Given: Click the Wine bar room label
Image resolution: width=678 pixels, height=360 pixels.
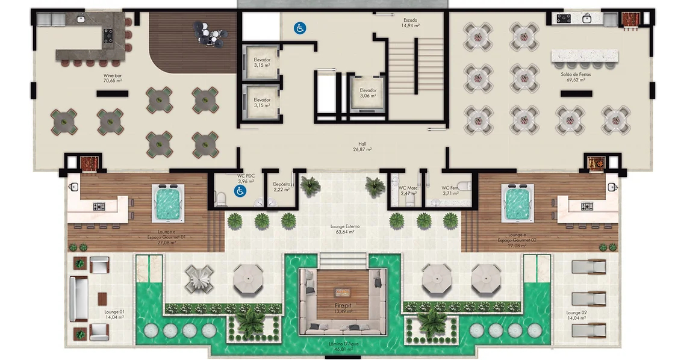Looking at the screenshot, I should (x=113, y=78).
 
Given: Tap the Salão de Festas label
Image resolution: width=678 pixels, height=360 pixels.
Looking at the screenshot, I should (x=574, y=76).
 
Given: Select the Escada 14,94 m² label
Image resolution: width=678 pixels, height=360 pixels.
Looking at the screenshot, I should (x=411, y=23).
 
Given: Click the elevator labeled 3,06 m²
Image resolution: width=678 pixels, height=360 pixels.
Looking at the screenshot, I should (x=368, y=93).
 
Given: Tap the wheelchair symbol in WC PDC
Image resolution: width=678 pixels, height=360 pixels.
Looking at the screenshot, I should (x=239, y=191).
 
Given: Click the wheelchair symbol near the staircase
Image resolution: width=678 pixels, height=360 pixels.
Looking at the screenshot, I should (x=299, y=27).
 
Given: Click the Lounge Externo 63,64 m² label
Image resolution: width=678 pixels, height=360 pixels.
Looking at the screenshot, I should (x=345, y=229).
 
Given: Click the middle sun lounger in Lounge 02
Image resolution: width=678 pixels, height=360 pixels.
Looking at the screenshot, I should (x=588, y=299).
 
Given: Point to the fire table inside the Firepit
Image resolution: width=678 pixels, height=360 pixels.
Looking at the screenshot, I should (x=344, y=293).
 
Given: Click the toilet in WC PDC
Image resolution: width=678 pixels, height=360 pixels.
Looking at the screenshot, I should (x=221, y=196).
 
